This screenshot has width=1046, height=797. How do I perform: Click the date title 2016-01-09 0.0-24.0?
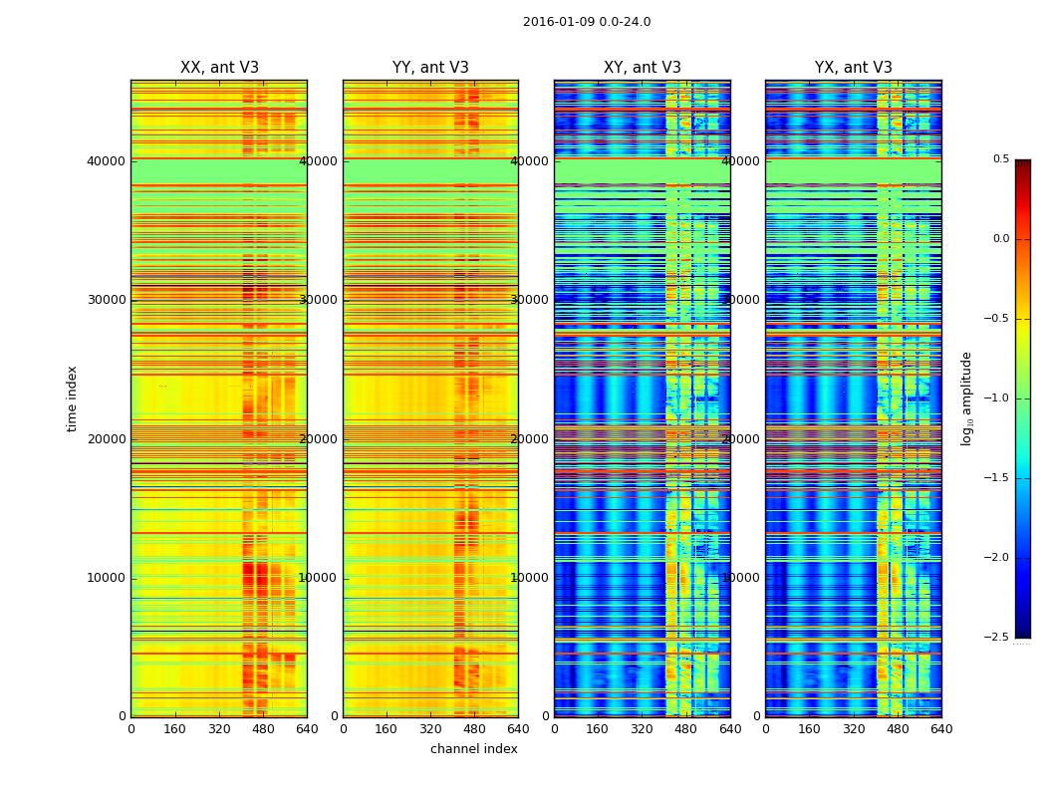click(x=586, y=22)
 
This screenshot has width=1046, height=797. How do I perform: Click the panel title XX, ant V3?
click(x=219, y=68)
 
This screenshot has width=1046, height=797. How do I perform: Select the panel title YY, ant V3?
click(x=430, y=68)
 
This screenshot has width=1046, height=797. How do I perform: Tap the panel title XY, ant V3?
click(x=643, y=68)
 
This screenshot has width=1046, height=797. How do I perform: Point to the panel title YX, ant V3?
click(x=854, y=68)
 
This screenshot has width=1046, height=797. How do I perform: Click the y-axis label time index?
click(x=72, y=398)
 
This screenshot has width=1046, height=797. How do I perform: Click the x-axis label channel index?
click(x=473, y=749)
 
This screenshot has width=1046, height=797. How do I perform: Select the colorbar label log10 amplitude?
click(x=966, y=398)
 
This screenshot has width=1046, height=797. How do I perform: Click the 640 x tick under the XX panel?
click(x=307, y=729)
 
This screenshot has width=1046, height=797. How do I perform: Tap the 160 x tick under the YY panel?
click(x=387, y=729)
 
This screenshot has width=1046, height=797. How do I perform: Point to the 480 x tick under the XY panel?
click(x=686, y=729)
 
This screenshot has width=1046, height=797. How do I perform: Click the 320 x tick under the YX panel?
click(x=854, y=729)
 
